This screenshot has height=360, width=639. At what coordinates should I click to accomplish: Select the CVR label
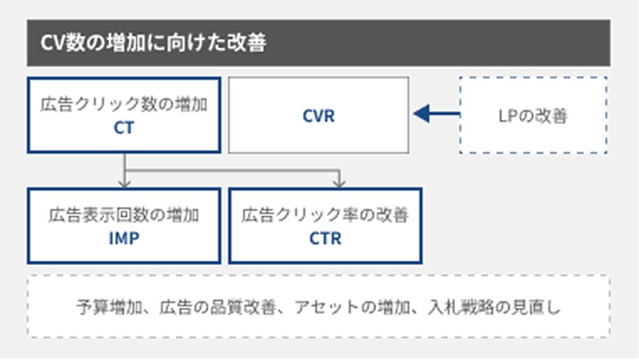318,116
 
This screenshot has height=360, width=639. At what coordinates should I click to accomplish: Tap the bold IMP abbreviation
123,239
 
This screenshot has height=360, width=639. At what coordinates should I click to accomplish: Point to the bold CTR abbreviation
325,239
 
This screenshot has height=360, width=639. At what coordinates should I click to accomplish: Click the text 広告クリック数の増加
123,107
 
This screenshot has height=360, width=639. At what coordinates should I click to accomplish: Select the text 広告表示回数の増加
123,216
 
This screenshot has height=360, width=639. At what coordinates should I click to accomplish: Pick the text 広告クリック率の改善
325,216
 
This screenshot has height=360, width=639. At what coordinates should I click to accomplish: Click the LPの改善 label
533,116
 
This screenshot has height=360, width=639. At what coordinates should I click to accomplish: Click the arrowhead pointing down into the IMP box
124,183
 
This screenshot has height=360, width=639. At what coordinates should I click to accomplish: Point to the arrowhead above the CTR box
339,183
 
